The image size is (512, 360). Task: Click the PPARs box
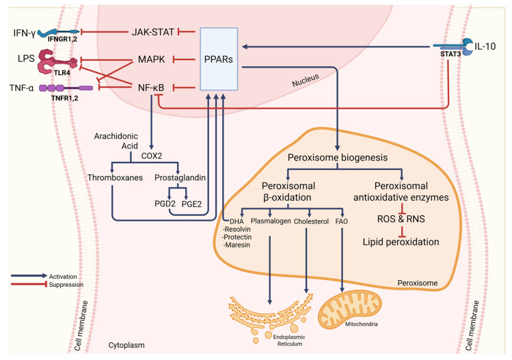click(219, 59)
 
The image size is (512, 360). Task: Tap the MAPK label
click(154, 60)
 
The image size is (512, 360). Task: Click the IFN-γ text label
click(20, 31)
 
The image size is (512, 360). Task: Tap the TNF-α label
click(20, 87)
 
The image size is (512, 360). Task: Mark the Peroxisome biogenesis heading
click(339, 157)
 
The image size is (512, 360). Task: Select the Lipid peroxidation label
click(401, 243)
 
